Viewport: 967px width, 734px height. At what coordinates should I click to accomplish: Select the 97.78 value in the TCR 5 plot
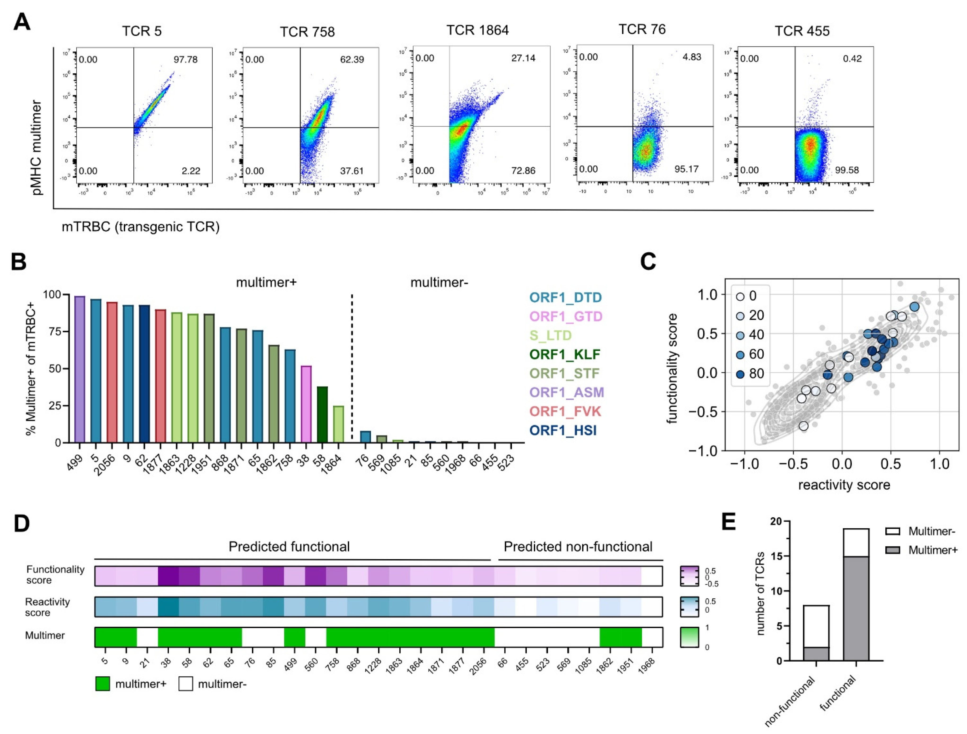click(185, 59)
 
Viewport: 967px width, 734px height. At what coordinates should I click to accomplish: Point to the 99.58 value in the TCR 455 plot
click(847, 170)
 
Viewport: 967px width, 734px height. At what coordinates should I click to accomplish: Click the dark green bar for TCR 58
click(322, 414)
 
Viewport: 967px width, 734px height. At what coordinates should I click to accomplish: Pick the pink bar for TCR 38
click(306, 404)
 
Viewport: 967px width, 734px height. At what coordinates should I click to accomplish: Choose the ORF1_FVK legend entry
click(565, 412)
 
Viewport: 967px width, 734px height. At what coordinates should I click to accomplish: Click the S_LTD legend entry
click(550, 335)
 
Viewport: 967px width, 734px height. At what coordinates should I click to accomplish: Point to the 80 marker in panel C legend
click(740, 374)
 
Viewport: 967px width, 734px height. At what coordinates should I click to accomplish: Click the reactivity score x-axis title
click(844, 485)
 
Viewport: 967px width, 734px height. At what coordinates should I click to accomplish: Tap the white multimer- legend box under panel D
click(186, 684)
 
